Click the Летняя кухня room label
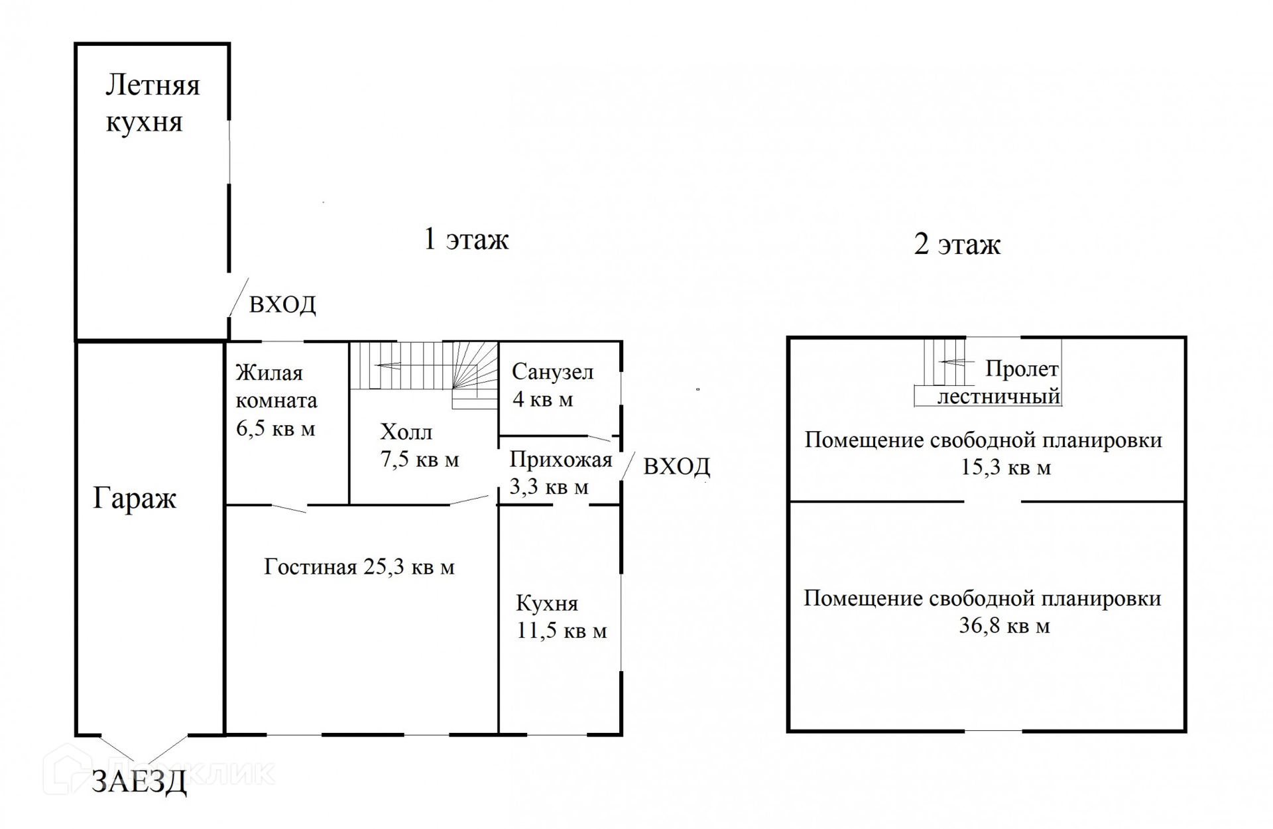coord(152,103)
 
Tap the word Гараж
coord(135,498)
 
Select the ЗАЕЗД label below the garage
coord(139,782)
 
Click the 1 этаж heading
coord(466,239)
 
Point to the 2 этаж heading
coord(957,244)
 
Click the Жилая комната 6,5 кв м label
coord(276,401)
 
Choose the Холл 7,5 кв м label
coord(419,446)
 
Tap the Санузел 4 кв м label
coord(552,385)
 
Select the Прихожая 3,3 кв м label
coord(560,473)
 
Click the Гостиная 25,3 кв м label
coord(359,567)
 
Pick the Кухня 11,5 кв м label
coord(561,617)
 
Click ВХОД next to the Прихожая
coord(676,467)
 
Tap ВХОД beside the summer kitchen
coord(282,304)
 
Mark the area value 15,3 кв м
coord(1006,468)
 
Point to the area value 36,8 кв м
coord(1004,625)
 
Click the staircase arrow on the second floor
coord(955,362)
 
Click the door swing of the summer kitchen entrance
coord(238,296)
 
